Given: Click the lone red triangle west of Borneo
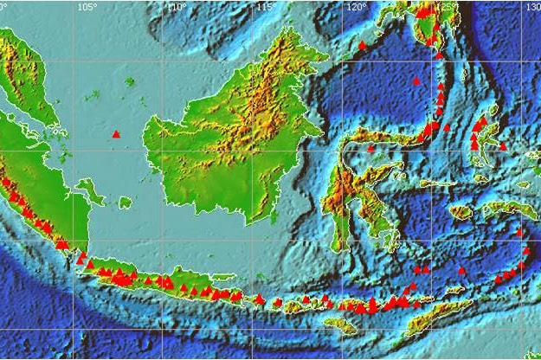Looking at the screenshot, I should pos(117,133).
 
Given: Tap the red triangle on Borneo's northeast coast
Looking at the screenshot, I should pos(362,45).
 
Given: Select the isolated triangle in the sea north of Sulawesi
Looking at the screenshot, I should pos(416,80).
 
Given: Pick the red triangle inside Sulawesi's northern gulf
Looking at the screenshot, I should pos(370,148).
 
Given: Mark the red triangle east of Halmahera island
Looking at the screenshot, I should pos(503,147).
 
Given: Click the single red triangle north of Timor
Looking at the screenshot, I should pos(461,270).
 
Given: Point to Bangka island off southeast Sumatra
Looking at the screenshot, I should pos(87,189).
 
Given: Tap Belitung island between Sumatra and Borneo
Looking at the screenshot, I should pos(126,202).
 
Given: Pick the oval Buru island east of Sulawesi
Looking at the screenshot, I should pos(461,212).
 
